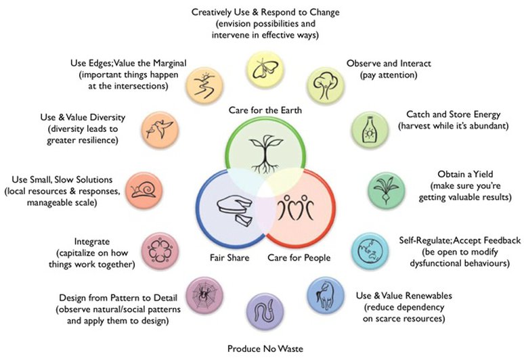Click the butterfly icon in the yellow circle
point(265,69)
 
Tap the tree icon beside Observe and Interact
point(326,85)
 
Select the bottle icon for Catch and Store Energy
point(369,129)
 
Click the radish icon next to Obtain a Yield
point(386,189)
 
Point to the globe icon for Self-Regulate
point(370,251)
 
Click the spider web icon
point(204,295)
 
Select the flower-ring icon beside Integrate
point(160,251)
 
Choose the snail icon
point(144,189)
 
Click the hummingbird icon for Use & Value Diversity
point(159,129)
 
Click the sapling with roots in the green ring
point(265,154)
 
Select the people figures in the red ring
point(295,207)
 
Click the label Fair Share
point(230,258)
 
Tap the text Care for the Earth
point(265,110)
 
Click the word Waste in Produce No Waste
point(289,348)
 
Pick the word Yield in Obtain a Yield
point(483,174)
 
